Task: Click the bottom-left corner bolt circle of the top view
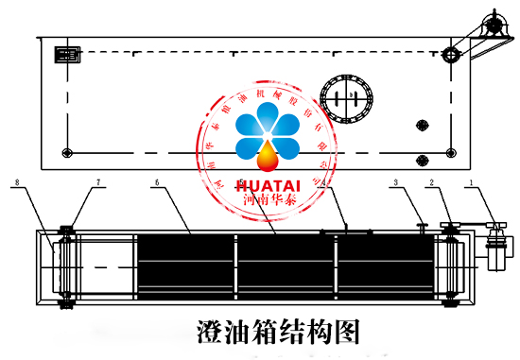click(x=65, y=153)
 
